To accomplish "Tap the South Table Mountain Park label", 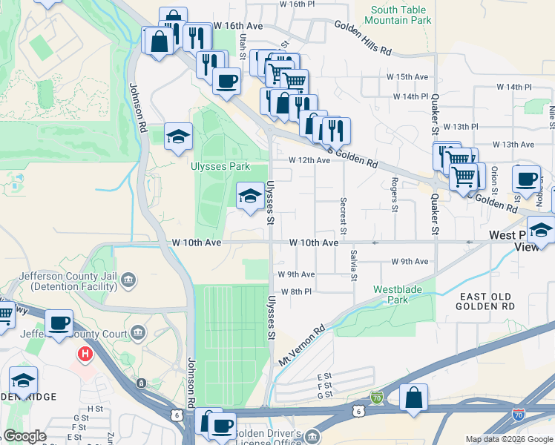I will coord(401,15).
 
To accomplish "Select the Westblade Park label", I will coord(391,294).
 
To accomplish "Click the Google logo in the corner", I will coord(25,436).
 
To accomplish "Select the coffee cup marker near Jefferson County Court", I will coord(59,323).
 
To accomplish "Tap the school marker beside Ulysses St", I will coord(250,197).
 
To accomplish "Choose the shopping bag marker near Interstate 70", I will coord(413,398).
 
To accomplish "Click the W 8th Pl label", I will coord(296,291).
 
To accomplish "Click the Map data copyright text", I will coord(508,439).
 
